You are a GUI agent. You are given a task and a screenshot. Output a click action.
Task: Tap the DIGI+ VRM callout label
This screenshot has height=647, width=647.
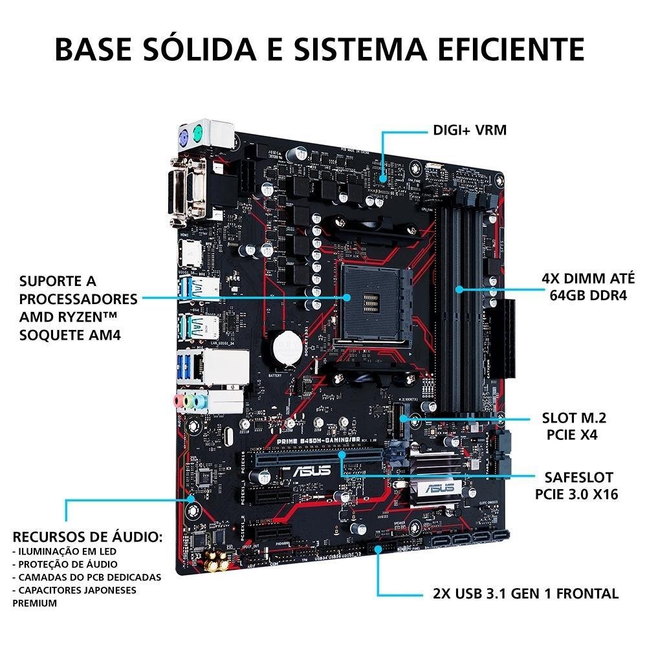pos(470,131)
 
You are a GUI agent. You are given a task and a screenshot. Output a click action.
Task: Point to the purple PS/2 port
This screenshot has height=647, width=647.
pos(183,136)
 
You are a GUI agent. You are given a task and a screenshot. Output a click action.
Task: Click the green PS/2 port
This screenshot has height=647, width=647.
pos(199,133)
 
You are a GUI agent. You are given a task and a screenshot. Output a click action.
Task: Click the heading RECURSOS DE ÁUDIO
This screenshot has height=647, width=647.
pos(87,538)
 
